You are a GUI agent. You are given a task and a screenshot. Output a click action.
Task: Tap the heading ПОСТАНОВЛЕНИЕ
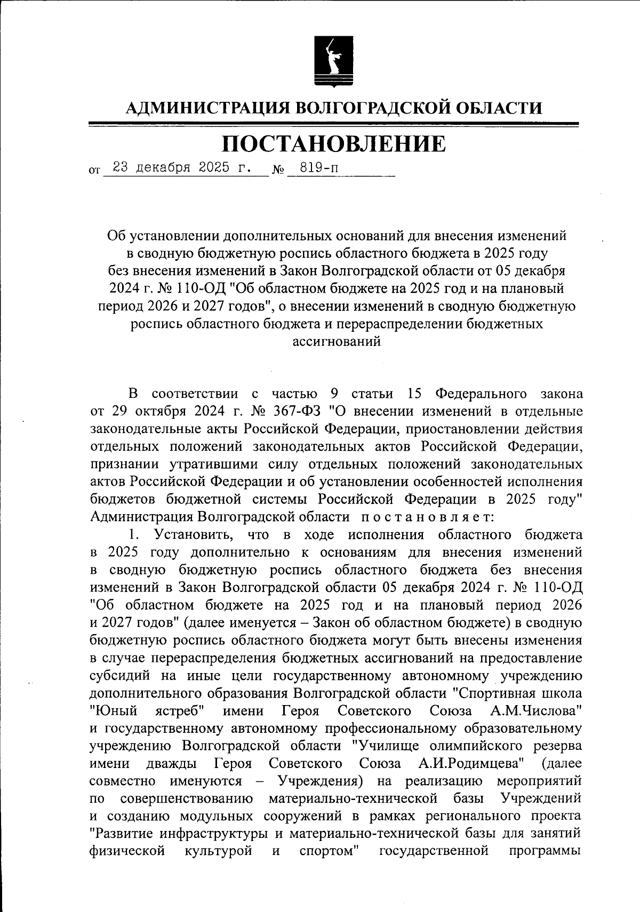click(333, 143)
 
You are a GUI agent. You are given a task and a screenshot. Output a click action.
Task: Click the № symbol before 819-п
click(278, 171)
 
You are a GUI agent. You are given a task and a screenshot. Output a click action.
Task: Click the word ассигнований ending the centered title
click(337, 341)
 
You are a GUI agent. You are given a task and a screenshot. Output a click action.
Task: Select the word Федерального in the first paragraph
click(481, 394)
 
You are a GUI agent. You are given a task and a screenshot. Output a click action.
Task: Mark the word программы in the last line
click(545, 851)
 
